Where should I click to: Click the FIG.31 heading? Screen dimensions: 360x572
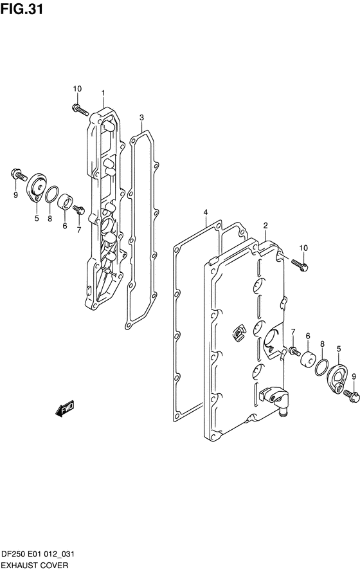[22, 9]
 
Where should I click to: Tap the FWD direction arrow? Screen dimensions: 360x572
[65, 408]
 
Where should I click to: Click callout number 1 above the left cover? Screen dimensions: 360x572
[103, 93]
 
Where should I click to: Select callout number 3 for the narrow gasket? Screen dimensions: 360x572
[141, 118]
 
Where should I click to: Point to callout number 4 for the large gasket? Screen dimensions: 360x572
[206, 212]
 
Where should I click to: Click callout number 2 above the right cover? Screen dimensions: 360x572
[265, 225]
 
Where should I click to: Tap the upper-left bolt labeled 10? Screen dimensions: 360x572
[80, 109]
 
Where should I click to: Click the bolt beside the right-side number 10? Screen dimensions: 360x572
[300, 264]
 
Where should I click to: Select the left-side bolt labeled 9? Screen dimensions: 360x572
[19, 175]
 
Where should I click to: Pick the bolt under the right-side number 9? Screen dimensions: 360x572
[351, 396]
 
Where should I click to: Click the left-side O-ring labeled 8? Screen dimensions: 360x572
[52, 194]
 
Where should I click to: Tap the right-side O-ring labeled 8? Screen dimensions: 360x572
[321, 367]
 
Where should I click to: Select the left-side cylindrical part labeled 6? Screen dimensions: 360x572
[66, 202]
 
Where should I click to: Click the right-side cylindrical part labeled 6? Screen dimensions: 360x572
[309, 359]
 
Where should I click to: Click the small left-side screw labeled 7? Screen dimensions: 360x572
[78, 210]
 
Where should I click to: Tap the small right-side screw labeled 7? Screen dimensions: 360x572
[294, 352]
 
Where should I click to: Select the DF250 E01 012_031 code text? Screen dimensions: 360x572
[38, 555]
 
